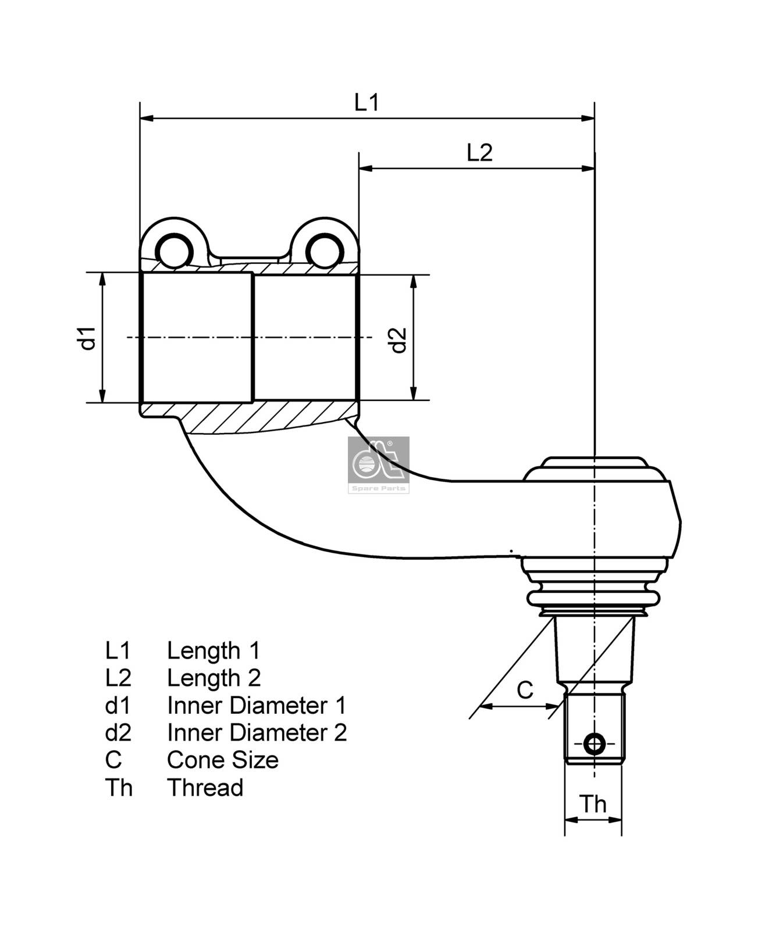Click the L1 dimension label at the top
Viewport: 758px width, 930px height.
click(366, 102)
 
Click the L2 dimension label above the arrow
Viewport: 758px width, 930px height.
click(479, 153)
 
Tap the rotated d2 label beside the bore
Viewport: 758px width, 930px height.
click(398, 340)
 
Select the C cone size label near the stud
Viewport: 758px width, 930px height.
click(525, 691)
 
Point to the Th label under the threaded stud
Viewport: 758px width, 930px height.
click(593, 804)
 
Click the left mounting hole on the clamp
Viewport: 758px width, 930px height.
click(173, 251)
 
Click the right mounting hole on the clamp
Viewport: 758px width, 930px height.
click(323, 251)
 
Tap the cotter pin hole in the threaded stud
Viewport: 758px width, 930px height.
click(594, 743)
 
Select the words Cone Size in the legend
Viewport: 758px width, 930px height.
click(222, 760)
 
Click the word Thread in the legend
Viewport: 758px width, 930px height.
click(205, 788)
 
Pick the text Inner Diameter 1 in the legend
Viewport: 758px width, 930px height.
click(256, 706)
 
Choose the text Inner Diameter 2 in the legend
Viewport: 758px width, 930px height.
click(257, 733)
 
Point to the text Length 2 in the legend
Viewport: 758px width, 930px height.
click(213, 678)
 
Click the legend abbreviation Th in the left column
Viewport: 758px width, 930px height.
click(119, 788)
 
